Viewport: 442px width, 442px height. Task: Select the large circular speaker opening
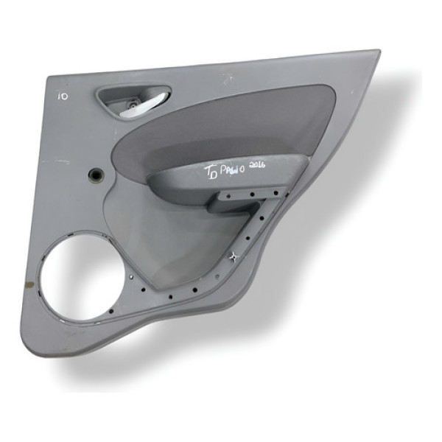pos(74,280)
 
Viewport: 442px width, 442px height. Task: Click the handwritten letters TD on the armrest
pos(211,174)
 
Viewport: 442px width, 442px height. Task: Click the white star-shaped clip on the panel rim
pos(234,256)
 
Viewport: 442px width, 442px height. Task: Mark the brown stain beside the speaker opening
pos(31,282)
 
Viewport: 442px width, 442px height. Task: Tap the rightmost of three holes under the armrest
pos(276,194)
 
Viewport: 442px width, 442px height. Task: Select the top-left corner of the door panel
pos(49,77)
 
